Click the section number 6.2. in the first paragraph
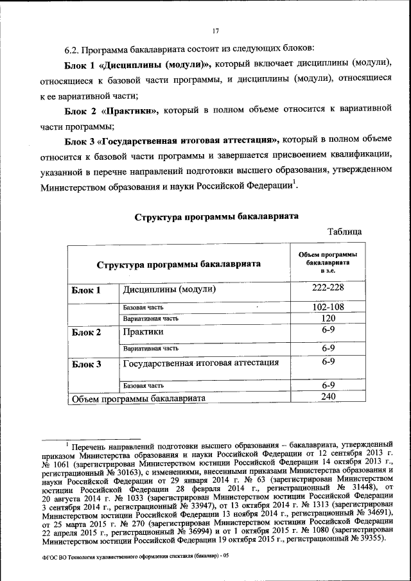tap(73, 49)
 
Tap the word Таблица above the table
tap(345, 231)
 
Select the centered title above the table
tap(216, 216)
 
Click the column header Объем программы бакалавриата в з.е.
tap(328, 263)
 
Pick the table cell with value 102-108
tap(328, 308)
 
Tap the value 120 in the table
tap(328, 318)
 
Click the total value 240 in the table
tap(328, 398)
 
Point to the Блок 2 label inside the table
tap(86, 333)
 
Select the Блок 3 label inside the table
tap(86, 365)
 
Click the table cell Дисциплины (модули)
tap(168, 290)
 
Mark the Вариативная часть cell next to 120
tap(151, 318)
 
